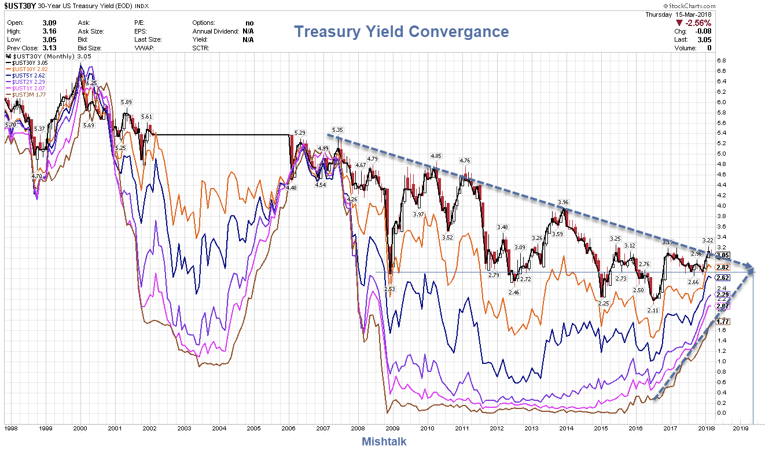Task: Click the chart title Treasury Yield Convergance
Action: click(x=402, y=31)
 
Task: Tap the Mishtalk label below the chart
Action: click(x=384, y=441)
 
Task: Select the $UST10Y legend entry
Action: click(x=24, y=69)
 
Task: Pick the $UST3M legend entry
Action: click(x=24, y=94)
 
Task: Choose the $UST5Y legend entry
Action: click(x=24, y=75)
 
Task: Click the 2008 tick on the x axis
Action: click(x=358, y=429)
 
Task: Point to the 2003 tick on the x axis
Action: click(x=184, y=429)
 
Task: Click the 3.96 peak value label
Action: click(x=563, y=202)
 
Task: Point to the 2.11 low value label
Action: click(x=653, y=310)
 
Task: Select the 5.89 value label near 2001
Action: click(x=127, y=102)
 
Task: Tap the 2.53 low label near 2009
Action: click(x=389, y=288)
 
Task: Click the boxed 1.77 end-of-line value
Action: click(x=722, y=322)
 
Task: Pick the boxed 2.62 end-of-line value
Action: click(x=722, y=278)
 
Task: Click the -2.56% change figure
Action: click(x=698, y=23)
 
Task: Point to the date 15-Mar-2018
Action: click(x=694, y=14)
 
